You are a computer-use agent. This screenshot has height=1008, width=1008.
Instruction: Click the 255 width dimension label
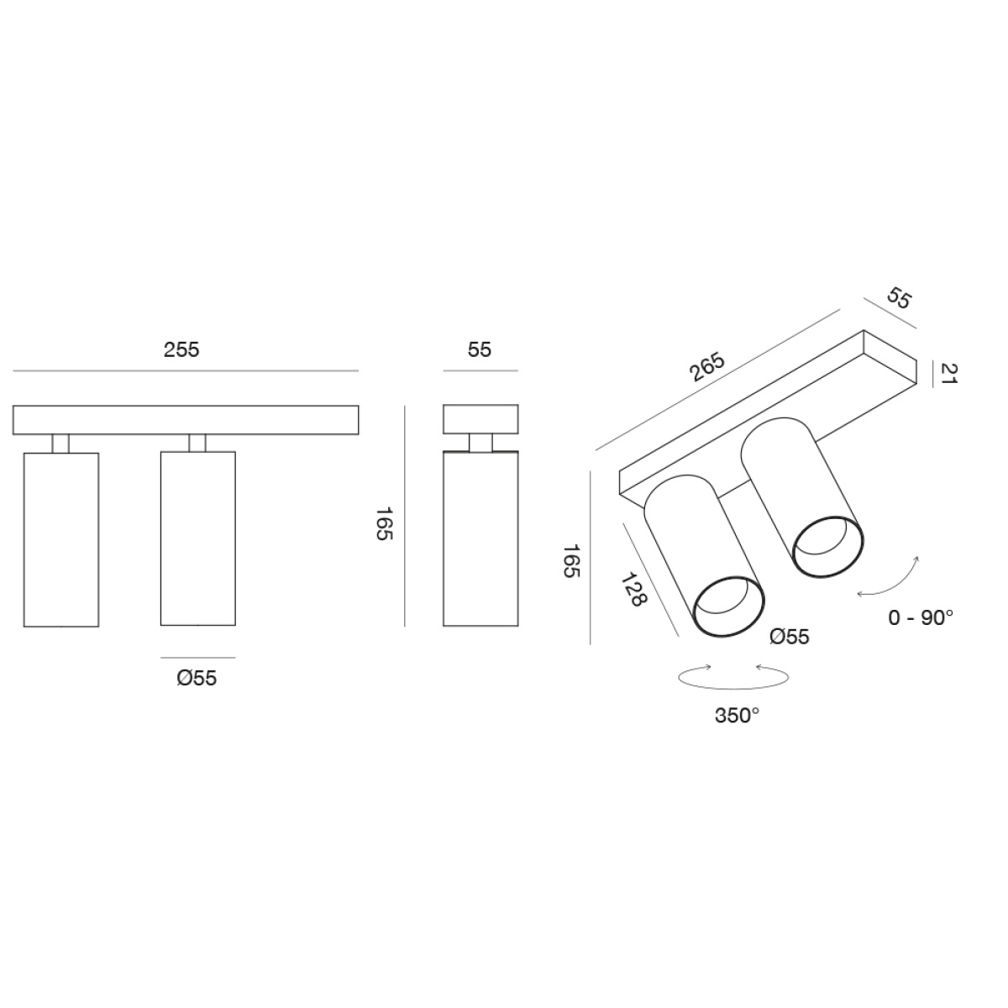tap(181, 349)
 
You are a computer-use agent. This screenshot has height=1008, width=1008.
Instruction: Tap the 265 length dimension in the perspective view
tap(708, 368)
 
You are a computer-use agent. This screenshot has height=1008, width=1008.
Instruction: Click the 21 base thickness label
tap(948, 374)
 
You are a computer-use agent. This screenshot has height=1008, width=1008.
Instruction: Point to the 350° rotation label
tap(737, 715)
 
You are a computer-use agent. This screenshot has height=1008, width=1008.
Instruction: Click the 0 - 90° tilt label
tap(921, 617)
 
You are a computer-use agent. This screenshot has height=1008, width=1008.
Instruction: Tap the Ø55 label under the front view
tap(197, 678)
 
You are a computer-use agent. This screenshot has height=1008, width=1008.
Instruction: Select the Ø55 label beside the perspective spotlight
tap(790, 636)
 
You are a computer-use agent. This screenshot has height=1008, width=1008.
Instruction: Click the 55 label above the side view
tap(480, 349)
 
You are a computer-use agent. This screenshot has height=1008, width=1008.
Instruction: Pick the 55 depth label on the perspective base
tap(899, 300)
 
